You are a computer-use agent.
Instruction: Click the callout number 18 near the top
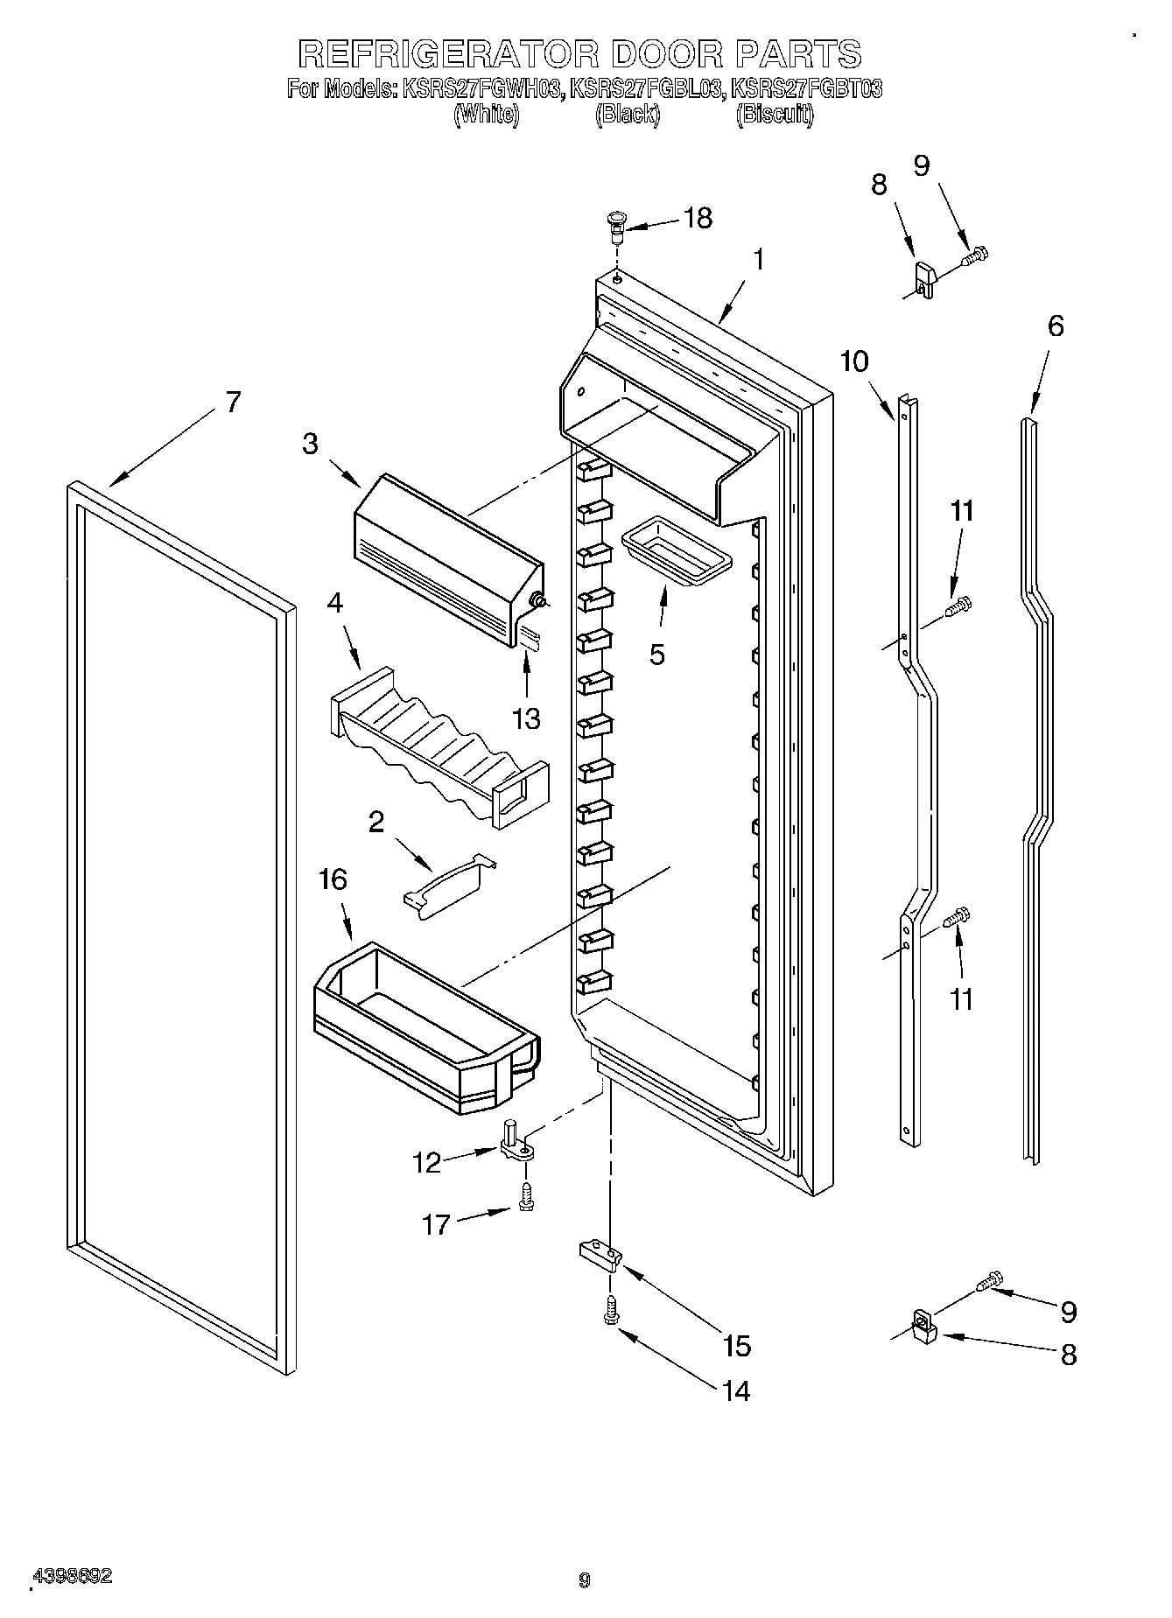coord(698,218)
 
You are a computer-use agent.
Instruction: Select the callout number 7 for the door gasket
coord(232,402)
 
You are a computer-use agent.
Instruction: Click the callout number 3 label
coord(311,444)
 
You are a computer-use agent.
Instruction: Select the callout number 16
coord(333,879)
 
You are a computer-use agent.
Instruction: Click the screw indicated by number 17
coord(525,1197)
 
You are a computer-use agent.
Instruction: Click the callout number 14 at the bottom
coord(736,1390)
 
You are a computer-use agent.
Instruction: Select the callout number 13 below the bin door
coord(526,718)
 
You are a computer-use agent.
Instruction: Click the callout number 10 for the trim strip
coord(855,361)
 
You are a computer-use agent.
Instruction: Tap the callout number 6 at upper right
coord(1056,326)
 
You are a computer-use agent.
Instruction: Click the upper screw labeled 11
coord(958,605)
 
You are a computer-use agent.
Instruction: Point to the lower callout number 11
coord(961,999)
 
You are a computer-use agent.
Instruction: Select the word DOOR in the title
coord(668,54)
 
